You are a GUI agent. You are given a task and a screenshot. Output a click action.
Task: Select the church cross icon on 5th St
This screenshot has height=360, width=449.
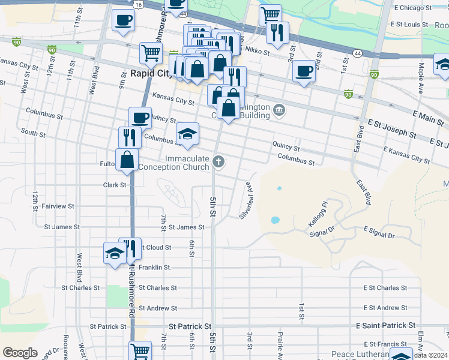219,161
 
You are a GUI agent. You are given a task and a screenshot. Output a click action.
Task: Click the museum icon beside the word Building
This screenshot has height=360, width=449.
279,110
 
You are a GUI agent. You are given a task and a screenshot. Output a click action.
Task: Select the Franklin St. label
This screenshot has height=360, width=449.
155,267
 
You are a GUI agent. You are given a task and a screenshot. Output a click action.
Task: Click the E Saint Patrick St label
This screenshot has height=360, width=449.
385,325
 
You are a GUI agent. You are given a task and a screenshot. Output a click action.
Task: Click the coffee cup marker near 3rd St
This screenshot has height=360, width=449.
304,71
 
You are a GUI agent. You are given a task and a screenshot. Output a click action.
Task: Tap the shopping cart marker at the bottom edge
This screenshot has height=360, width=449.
140,350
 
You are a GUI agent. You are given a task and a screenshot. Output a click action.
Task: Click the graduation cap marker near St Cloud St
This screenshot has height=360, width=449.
113,253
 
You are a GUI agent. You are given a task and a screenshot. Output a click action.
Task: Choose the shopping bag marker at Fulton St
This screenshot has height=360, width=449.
127,159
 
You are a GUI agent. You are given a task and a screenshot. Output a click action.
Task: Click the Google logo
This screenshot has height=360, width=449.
20,353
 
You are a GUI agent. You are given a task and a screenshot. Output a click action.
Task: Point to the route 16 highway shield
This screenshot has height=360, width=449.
139,4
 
